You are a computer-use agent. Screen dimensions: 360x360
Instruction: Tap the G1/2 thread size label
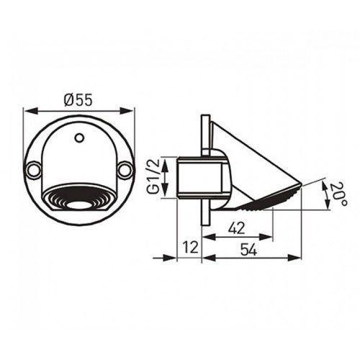click(153, 176)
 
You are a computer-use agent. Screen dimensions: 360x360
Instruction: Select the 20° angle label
click(338, 194)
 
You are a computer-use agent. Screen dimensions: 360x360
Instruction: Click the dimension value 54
click(248, 250)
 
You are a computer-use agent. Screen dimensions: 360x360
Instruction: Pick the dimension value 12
click(191, 247)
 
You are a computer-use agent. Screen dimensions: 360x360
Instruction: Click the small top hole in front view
click(79, 138)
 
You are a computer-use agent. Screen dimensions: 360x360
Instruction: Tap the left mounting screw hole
click(32, 170)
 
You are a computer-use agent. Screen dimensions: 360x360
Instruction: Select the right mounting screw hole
click(125, 170)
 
